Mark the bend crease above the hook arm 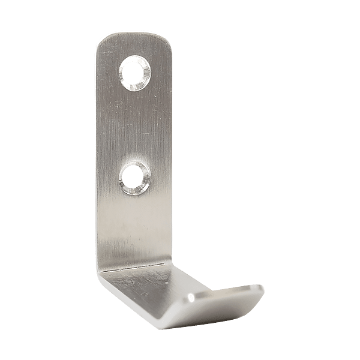(x=132, y=265)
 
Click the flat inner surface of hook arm (x=180, y=282)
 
